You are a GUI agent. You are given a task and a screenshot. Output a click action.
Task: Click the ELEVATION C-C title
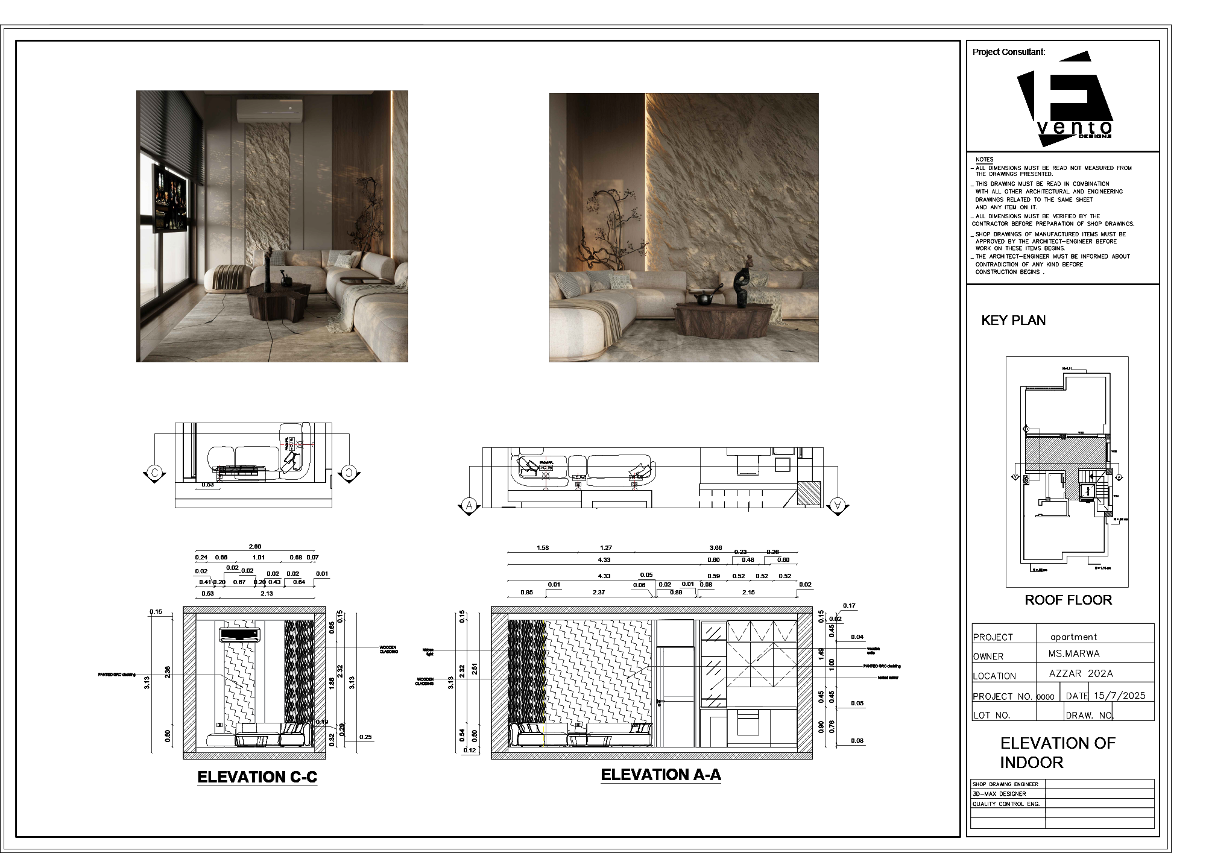[x=257, y=777]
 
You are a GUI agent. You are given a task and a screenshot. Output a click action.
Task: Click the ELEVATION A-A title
[x=661, y=775]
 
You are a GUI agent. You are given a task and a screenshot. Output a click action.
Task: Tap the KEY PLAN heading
[x=1013, y=321]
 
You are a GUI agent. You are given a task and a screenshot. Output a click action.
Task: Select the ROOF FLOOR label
[x=1068, y=600]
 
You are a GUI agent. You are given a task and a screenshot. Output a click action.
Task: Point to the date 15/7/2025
[x=1119, y=695]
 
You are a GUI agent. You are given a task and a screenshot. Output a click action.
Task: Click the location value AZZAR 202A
[x=1081, y=674]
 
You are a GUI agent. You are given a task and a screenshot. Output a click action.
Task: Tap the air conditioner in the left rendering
[x=270, y=111]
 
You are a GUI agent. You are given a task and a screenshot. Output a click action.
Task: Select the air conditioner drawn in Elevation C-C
[x=240, y=634]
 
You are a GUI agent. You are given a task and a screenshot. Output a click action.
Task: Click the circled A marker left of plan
[x=469, y=505]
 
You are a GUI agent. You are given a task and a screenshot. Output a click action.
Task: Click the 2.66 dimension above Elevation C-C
[x=255, y=547]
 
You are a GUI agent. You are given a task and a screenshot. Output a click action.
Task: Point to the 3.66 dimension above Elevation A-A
[x=715, y=547]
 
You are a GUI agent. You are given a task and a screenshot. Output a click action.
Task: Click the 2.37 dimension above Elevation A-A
[x=599, y=593]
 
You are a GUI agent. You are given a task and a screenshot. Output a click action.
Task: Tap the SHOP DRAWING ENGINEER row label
[x=1005, y=784]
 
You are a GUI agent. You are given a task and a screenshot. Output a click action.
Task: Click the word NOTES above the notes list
[x=984, y=160]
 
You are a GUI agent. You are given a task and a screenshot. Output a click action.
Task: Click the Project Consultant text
[x=1008, y=52]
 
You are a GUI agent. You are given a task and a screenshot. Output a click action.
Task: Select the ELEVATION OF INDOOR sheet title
[x=1057, y=752]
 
